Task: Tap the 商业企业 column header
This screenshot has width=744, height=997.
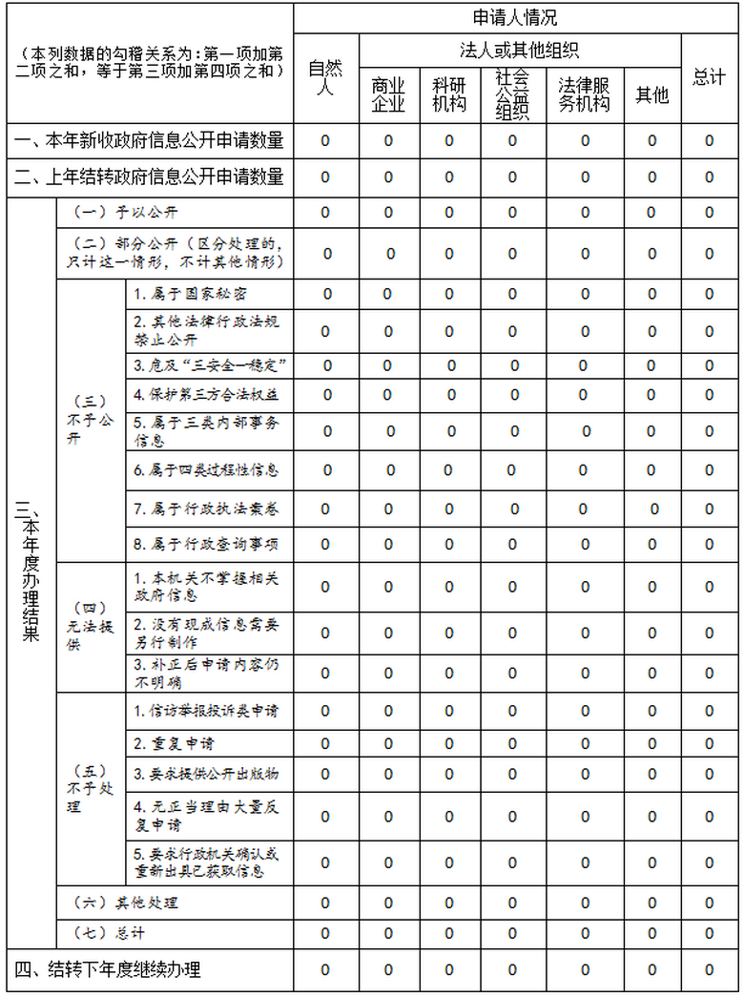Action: click(388, 95)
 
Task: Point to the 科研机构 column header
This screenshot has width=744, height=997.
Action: click(449, 95)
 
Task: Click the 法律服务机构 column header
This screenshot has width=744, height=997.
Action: click(584, 95)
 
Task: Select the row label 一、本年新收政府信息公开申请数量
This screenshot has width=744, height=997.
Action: click(149, 141)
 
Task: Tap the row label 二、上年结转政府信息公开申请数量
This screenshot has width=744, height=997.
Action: click(149, 177)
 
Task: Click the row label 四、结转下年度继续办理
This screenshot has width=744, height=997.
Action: click(108, 970)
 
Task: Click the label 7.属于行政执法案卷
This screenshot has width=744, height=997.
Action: click(206, 509)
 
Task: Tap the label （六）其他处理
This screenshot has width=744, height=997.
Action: click(126, 903)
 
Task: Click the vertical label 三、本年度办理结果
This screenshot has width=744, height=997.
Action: click(29, 577)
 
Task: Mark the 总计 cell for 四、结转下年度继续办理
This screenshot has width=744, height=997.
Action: click(709, 970)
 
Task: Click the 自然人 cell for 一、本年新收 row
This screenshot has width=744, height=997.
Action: click(325, 141)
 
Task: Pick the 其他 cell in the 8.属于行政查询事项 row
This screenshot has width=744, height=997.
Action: click(651, 545)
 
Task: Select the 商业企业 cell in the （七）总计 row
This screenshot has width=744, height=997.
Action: click(388, 933)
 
